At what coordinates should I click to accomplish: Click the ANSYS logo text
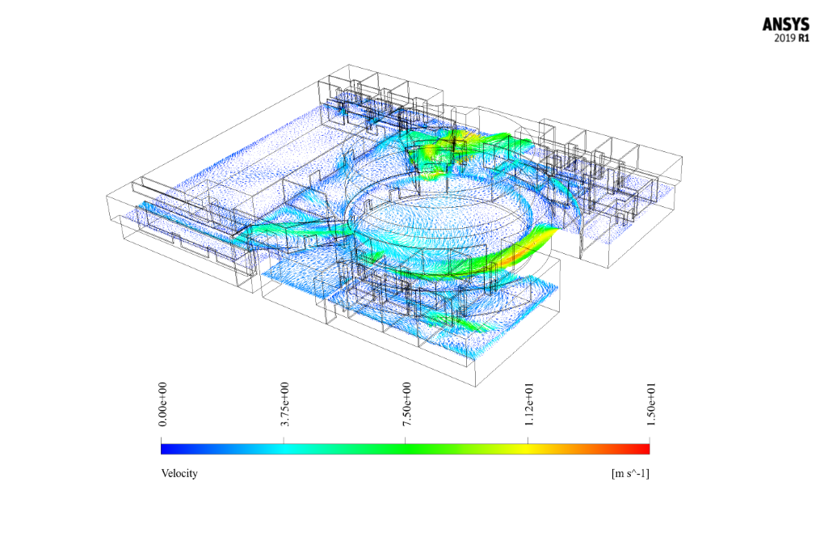pyautogui.click(x=786, y=25)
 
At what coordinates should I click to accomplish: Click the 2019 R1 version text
pyautogui.click(x=792, y=38)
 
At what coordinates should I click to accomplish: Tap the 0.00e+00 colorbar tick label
pyautogui.click(x=162, y=404)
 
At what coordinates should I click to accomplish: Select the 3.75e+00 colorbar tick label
pyautogui.click(x=284, y=404)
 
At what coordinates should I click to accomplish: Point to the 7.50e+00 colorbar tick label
pyautogui.click(x=406, y=404)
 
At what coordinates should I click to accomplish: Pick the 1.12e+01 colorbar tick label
pyautogui.click(x=528, y=404)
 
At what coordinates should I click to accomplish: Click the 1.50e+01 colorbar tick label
pyautogui.click(x=650, y=404)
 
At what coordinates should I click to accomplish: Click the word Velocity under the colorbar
pyautogui.click(x=179, y=473)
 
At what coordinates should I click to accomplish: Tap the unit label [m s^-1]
pyautogui.click(x=630, y=473)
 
